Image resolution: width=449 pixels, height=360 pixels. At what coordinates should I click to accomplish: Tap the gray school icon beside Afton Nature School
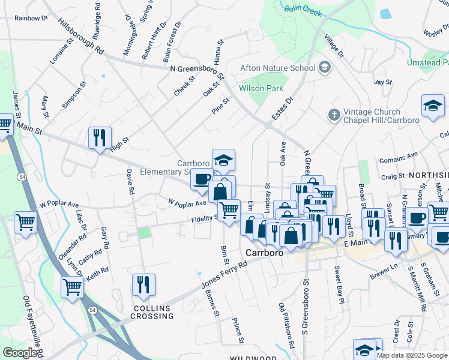pyautogui.click(x=325, y=67)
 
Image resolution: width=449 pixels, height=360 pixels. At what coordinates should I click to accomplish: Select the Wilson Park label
pyautogui.click(x=261, y=88)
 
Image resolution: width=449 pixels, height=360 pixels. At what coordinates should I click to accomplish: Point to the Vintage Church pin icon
pyautogui.click(x=333, y=113)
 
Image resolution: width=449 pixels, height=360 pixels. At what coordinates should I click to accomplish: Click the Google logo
pyautogui.click(x=20, y=353)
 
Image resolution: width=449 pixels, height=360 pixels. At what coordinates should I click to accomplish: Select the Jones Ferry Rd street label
pyautogui.click(x=224, y=275)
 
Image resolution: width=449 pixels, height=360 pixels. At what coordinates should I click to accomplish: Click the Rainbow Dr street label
pyautogui.click(x=31, y=18)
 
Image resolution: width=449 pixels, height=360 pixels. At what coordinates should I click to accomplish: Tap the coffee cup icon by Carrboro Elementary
pyautogui.click(x=202, y=179)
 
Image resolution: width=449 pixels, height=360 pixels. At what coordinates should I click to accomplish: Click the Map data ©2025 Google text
pyautogui.click(x=412, y=355)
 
